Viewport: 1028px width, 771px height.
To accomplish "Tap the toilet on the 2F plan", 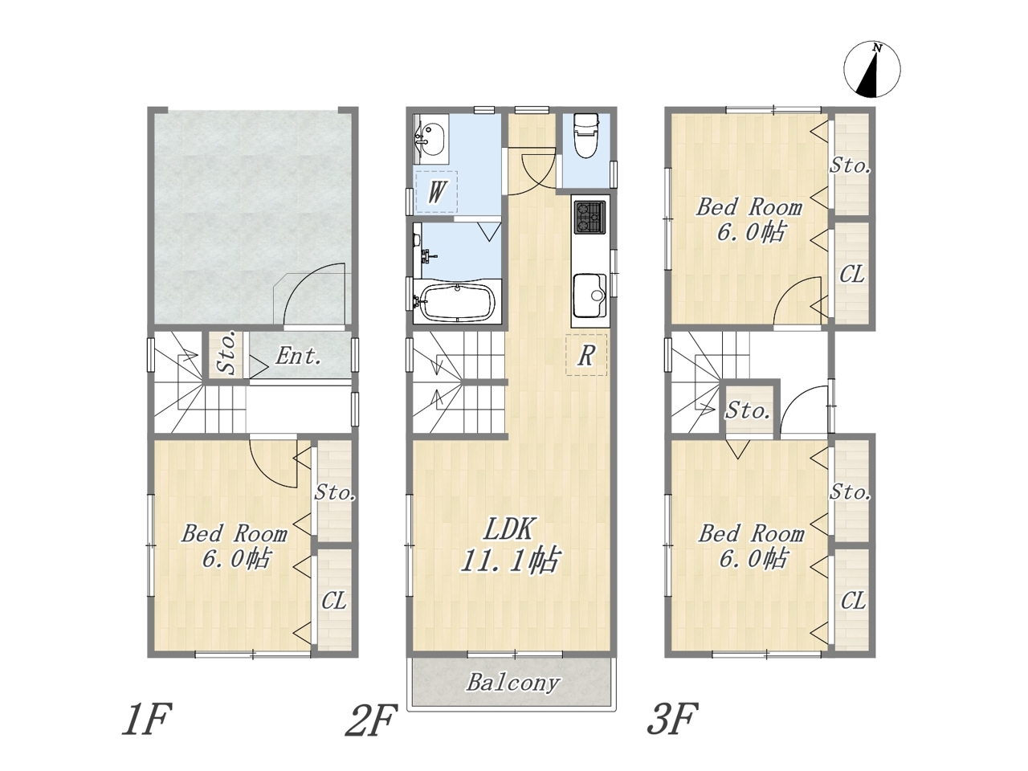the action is (585, 136).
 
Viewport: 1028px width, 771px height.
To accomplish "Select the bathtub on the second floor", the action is (458, 302).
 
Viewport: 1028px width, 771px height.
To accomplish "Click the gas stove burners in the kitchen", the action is (589, 217).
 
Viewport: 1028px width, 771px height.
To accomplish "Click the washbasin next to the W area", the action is (430, 139).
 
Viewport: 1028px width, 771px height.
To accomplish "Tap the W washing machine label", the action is (436, 192).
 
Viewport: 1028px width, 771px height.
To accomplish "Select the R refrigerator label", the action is (586, 356).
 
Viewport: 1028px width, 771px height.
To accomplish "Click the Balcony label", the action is (513, 683).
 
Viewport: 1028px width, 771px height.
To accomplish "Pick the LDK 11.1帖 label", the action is (510, 545).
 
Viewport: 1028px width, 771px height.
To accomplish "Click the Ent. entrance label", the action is (298, 357).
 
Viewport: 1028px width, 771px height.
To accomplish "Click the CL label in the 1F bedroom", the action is (334, 601).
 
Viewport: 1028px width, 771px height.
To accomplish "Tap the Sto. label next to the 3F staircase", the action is (748, 411).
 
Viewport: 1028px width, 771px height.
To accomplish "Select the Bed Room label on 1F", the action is (235, 534).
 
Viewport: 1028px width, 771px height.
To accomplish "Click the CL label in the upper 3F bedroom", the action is (852, 275).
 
